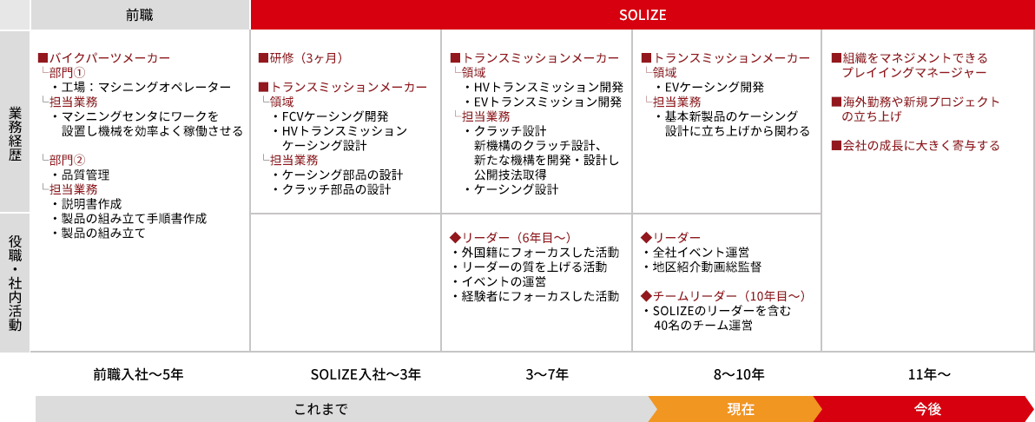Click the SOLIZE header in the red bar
tap(643, 15)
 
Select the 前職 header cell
tap(140, 15)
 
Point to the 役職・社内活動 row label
tap(15, 283)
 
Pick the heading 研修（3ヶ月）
tap(301, 58)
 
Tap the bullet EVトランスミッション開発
tap(544, 102)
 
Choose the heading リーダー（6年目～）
tap(509, 237)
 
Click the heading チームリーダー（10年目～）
tap(723, 295)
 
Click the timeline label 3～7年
tap(547, 374)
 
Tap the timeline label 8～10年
tap(738, 374)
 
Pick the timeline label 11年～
tap(929, 374)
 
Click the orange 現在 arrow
tap(738, 409)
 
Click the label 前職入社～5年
tap(138, 374)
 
